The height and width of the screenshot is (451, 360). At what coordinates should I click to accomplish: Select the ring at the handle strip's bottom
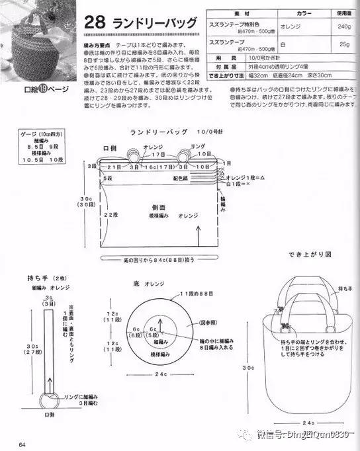pyautogui.click(x=50, y=399)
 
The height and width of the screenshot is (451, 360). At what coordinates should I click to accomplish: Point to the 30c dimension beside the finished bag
pyautogui.click(x=247, y=367)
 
